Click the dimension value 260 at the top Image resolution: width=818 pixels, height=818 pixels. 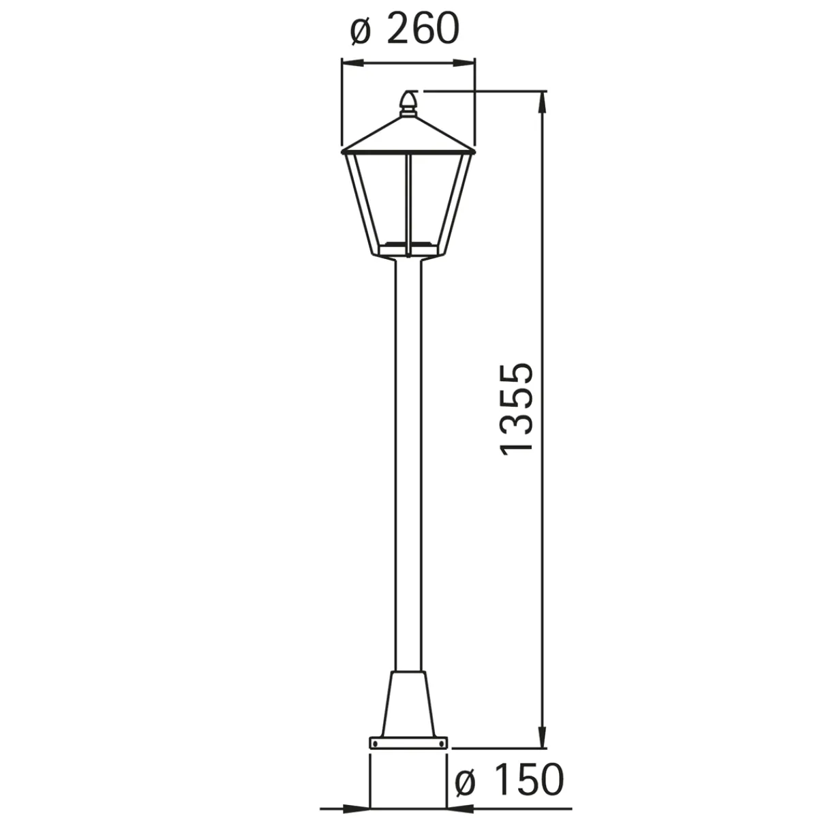point(420,30)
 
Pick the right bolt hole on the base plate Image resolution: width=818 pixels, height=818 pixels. point(442,742)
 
